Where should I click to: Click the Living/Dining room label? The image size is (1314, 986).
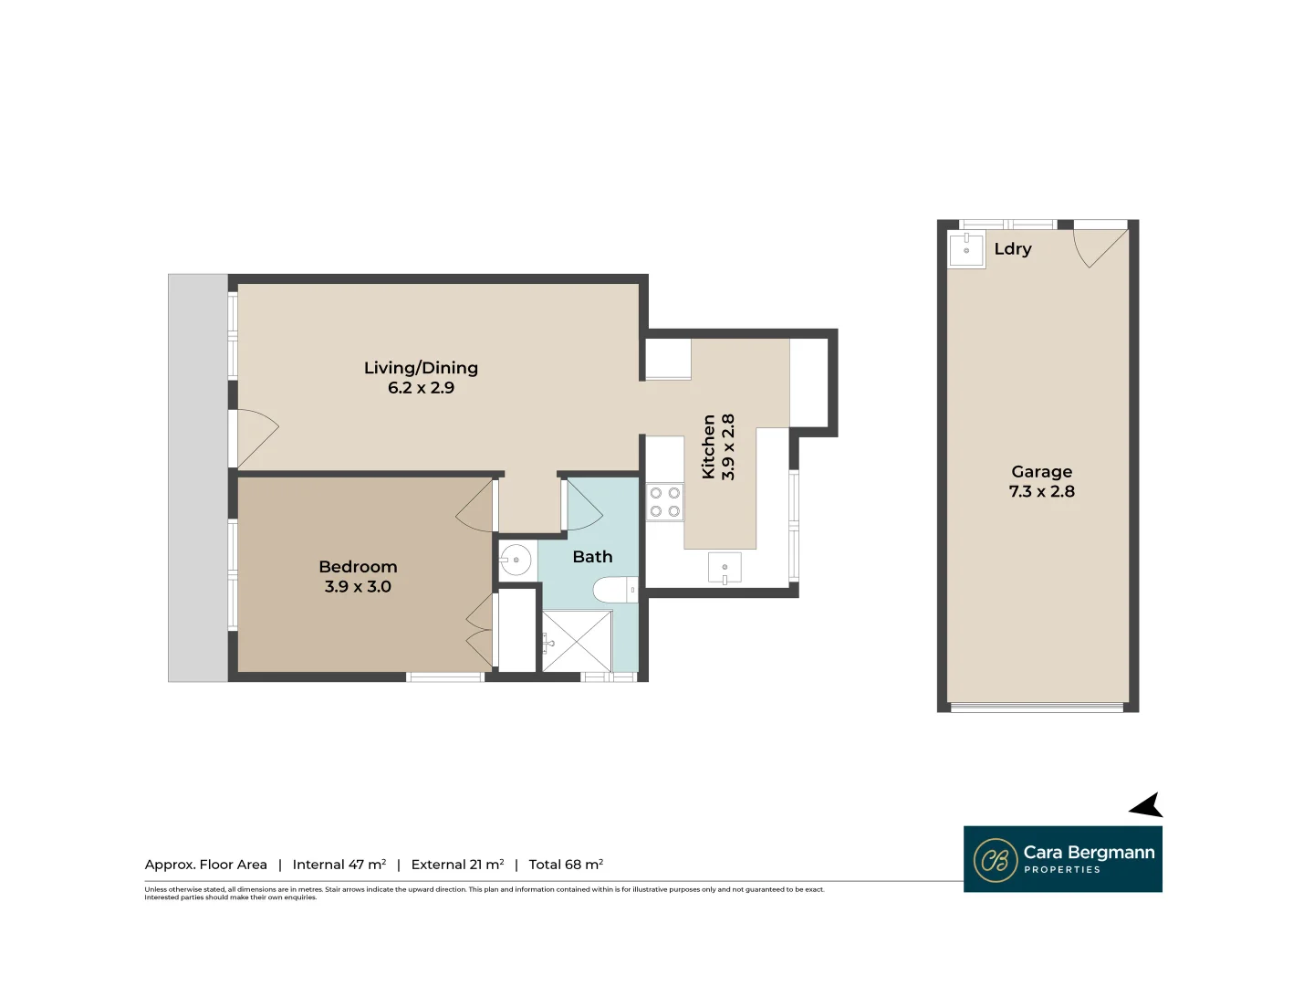(x=421, y=368)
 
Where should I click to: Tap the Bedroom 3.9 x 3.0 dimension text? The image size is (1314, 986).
(x=358, y=587)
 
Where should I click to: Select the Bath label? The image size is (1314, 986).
(x=592, y=557)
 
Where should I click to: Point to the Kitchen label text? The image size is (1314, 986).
(x=709, y=446)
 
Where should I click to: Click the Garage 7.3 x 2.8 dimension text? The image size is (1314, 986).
(x=1041, y=491)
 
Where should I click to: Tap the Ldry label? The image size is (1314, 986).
(x=1013, y=249)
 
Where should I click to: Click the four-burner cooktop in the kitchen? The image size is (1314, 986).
(x=664, y=502)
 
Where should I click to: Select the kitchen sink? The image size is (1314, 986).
(x=725, y=569)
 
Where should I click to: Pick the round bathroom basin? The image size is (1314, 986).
(x=516, y=560)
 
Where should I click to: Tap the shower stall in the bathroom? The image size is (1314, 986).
(x=577, y=641)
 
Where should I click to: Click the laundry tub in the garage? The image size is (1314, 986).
(x=966, y=249)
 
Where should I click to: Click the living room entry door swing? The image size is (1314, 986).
(x=256, y=438)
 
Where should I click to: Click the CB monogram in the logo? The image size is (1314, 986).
(x=995, y=860)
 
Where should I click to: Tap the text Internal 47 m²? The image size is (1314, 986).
(x=339, y=865)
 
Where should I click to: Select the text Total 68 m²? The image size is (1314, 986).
(x=566, y=865)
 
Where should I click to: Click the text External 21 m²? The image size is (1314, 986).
(x=457, y=865)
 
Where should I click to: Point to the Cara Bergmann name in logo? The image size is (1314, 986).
(x=1089, y=853)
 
